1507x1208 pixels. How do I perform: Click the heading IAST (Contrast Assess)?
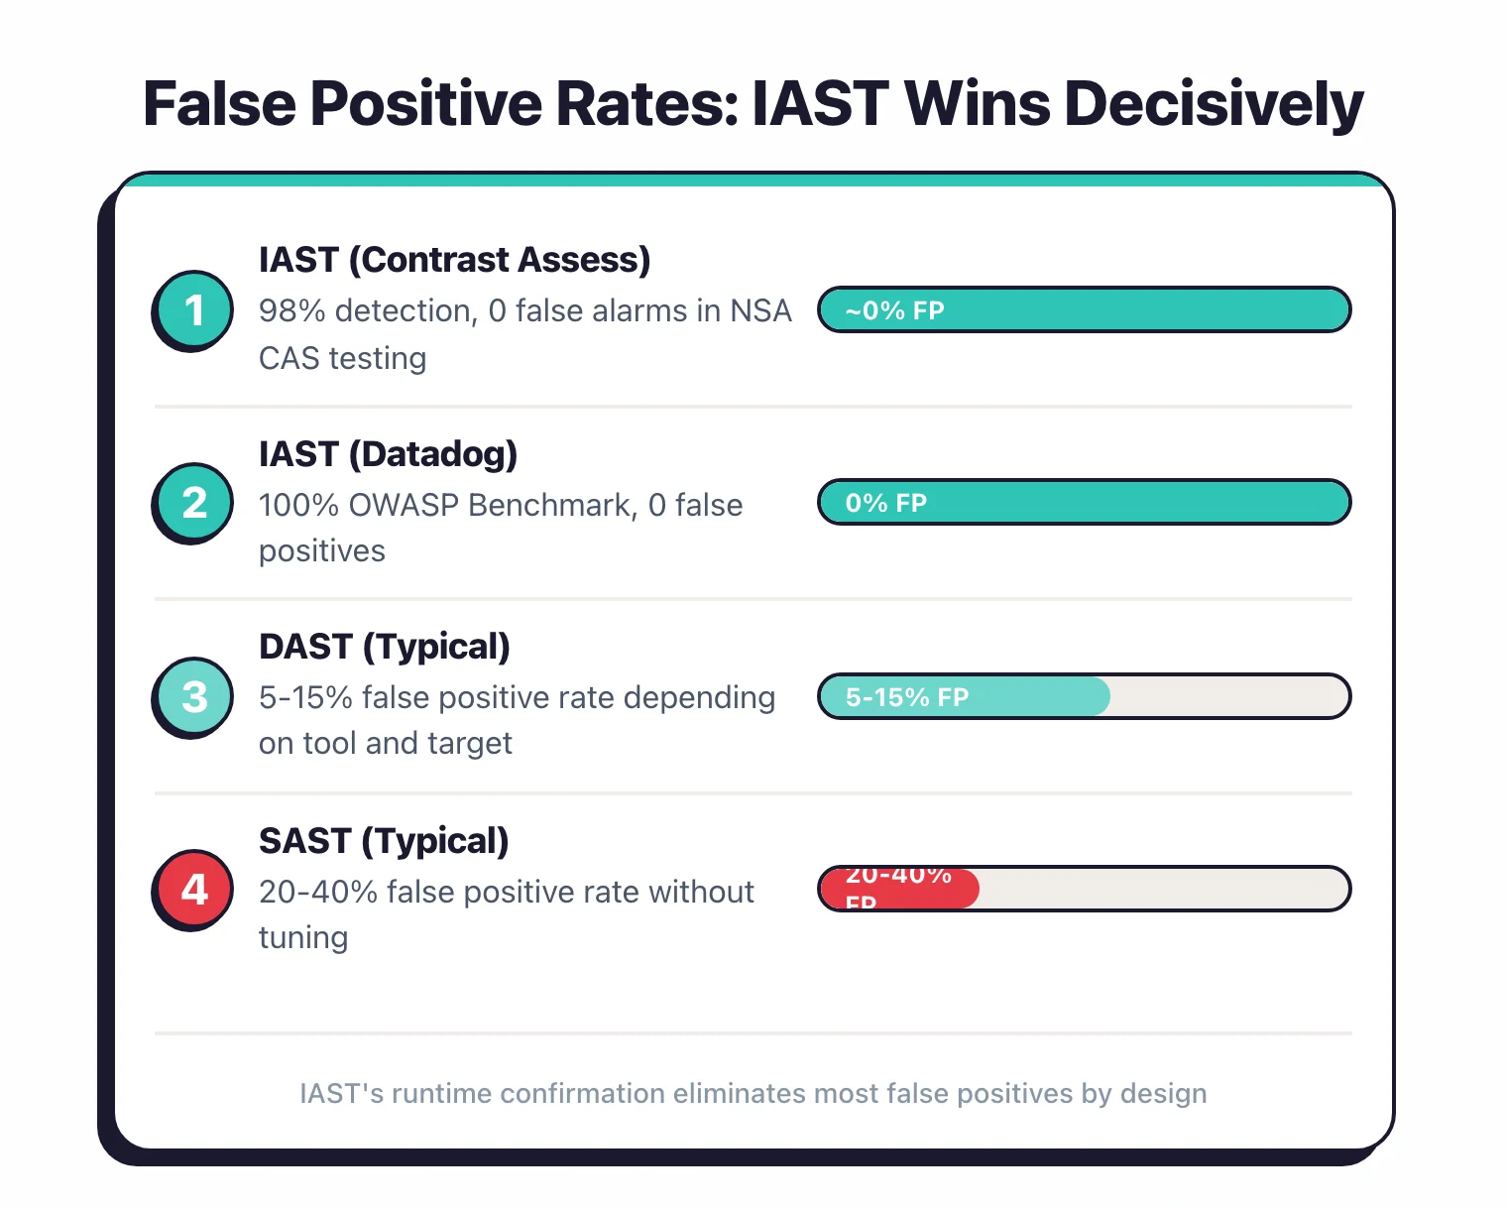pyautogui.click(x=454, y=260)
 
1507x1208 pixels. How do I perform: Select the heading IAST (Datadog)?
pyautogui.click(x=388, y=454)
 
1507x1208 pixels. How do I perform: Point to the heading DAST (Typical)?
pyautogui.click(x=384, y=647)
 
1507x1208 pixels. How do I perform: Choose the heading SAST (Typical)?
pyautogui.click(x=384, y=841)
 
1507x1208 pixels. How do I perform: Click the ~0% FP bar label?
pyautogui.click(x=894, y=310)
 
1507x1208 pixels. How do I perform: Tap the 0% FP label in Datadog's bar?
pyautogui.click(x=885, y=503)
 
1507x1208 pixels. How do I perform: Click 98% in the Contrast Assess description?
pyautogui.click(x=291, y=311)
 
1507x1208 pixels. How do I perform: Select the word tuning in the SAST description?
pyautogui.click(x=303, y=938)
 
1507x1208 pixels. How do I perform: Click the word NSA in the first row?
pyautogui.click(x=760, y=311)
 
